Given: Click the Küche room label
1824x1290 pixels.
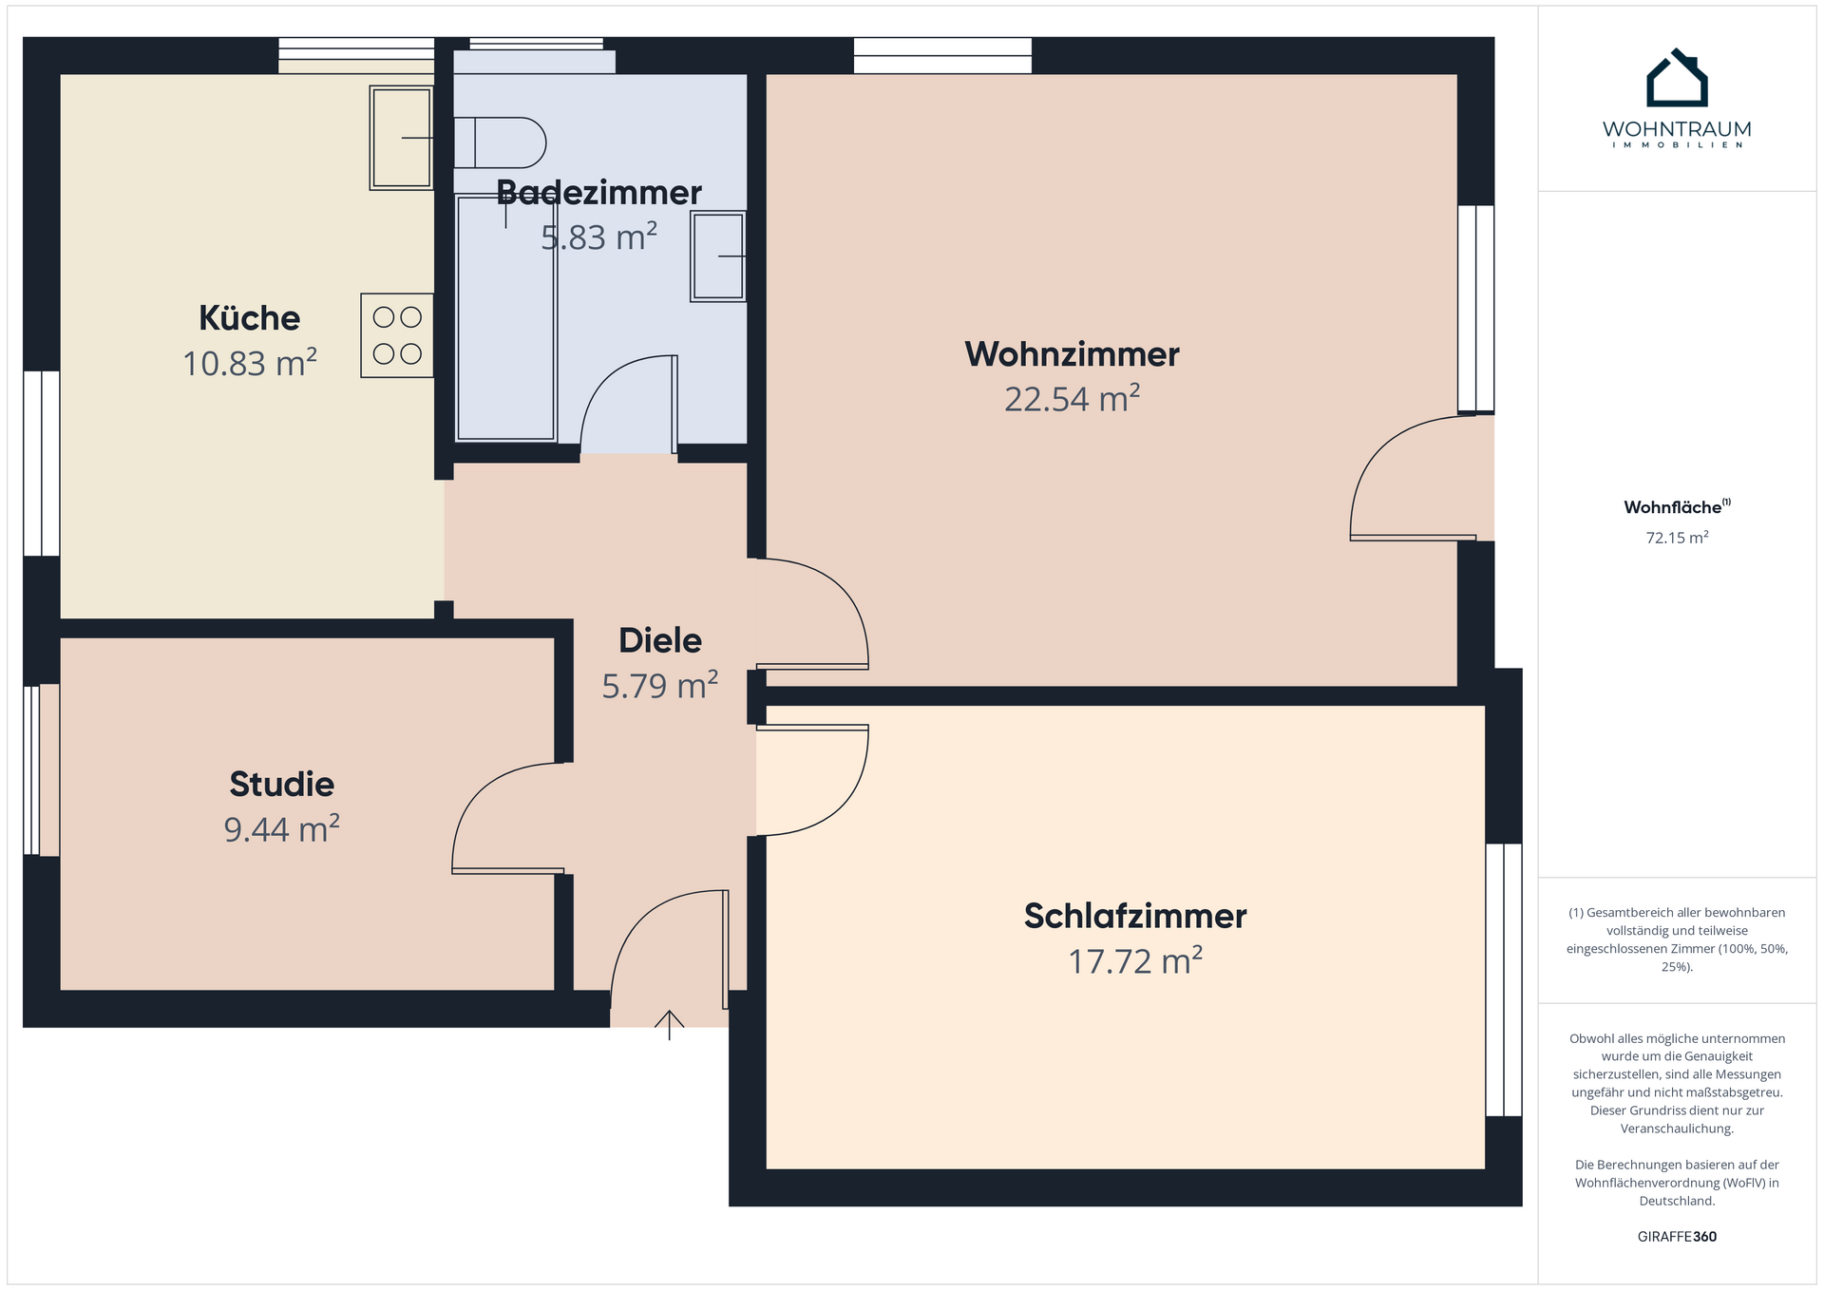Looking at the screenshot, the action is (x=249, y=318).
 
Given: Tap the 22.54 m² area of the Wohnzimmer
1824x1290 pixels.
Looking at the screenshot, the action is (x=1072, y=399).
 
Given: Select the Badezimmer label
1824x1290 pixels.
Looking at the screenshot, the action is (x=598, y=193).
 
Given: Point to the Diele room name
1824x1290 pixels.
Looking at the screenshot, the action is (x=660, y=640).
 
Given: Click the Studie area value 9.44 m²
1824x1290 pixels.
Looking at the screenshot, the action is (x=281, y=828).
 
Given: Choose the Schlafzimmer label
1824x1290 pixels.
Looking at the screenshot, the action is (x=1135, y=916).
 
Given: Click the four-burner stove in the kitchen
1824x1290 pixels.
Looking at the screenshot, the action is (x=397, y=335).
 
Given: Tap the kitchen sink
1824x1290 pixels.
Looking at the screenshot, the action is (x=402, y=138).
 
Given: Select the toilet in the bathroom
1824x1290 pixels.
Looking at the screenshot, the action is (x=500, y=143).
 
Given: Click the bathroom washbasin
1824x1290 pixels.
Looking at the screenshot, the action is (x=718, y=256).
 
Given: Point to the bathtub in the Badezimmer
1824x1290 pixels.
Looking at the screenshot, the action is (x=505, y=317).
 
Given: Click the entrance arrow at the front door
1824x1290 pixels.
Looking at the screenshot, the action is (x=670, y=1024).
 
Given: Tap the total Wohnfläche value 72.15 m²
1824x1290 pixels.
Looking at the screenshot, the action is (x=1677, y=538).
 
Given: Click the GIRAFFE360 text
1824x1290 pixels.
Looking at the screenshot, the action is (x=1677, y=1237).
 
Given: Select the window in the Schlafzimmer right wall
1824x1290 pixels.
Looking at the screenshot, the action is (x=1504, y=979).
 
